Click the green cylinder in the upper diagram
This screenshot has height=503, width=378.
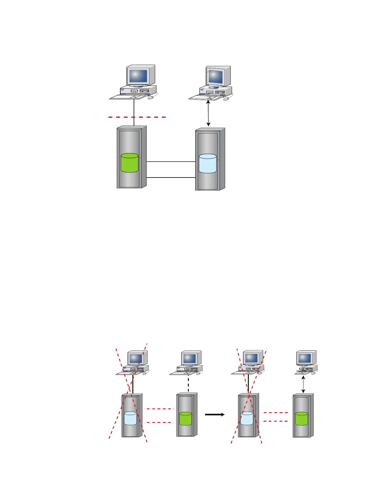tap(129, 163)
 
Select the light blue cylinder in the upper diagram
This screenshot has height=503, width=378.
tap(208, 164)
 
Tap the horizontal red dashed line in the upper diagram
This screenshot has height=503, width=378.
tap(152, 117)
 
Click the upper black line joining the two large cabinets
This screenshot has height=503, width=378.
tap(171, 162)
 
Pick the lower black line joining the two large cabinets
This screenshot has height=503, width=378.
tap(171, 178)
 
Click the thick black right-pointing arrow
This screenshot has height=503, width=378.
tap(215, 414)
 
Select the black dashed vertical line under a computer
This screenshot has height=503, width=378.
tap(189, 384)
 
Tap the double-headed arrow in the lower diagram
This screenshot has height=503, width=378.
tap(303, 385)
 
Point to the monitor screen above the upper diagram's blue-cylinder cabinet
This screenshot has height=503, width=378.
tap(216, 77)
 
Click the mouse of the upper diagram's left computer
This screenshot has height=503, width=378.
tap(151, 98)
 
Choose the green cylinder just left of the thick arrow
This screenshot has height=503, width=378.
tap(185, 419)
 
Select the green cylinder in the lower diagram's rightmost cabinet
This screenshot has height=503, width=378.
tap(302, 419)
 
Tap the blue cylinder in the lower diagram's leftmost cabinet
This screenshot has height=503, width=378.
tap(130, 419)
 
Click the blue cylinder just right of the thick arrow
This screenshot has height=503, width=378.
tap(247, 419)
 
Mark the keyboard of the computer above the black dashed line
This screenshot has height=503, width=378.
tap(182, 373)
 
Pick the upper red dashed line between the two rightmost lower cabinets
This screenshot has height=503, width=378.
tap(275, 413)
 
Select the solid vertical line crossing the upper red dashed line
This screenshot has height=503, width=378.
tap(134, 108)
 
